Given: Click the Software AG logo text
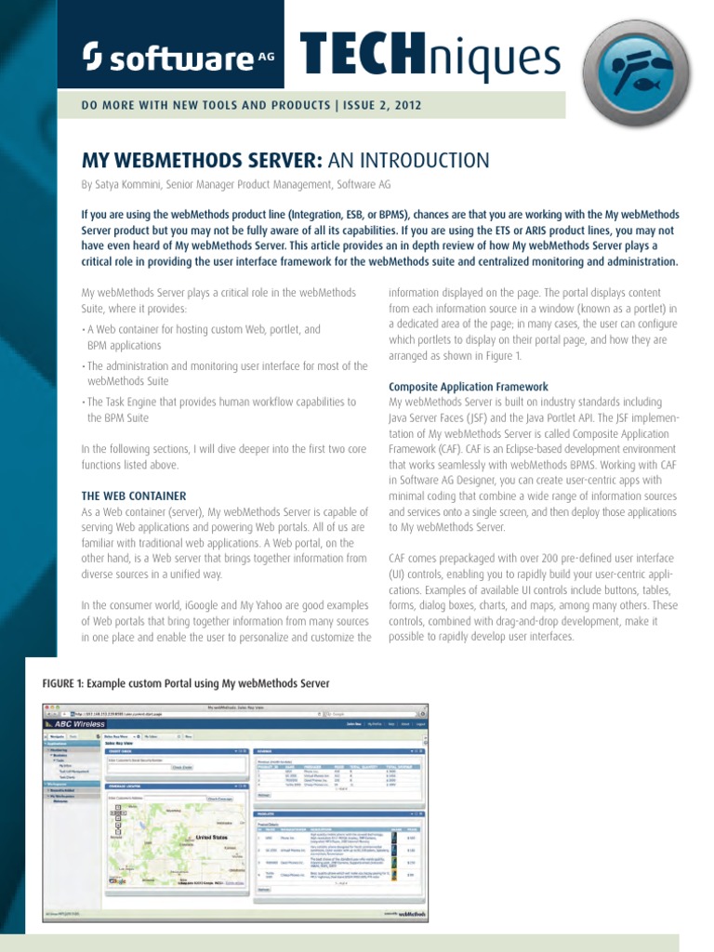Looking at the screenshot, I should point(167,59).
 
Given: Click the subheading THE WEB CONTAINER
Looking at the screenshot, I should point(134,496).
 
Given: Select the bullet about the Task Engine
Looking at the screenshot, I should point(220,410).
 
